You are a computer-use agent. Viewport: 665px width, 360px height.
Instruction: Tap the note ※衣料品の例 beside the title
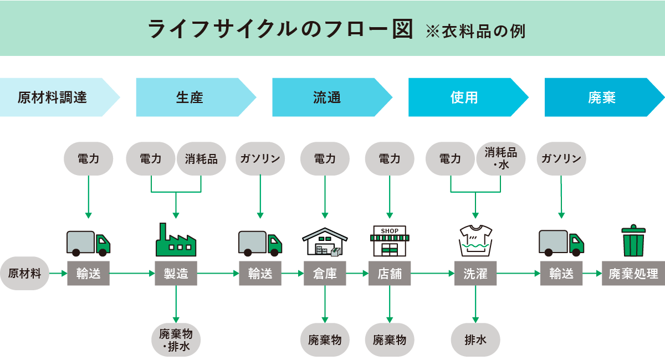(x=475, y=31)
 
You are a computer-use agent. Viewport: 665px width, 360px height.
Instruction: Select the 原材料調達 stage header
(x=53, y=97)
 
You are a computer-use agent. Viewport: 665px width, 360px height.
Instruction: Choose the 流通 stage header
(x=327, y=97)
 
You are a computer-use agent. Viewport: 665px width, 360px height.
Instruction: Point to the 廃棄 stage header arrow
(x=602, y=97)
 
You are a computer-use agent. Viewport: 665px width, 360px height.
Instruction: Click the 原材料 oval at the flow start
(x=24, y=273)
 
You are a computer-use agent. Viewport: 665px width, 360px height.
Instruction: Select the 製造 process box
(x=176, y=273)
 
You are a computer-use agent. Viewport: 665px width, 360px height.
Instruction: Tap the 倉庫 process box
(x=325, y=273)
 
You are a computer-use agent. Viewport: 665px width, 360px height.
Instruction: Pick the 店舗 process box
(x=390, y=273)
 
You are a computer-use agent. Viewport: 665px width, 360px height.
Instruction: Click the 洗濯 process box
(x=475, y=273)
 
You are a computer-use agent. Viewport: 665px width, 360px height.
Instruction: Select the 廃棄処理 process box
(x=633, y=273)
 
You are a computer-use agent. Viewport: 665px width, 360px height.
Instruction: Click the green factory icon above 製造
(x=176, y=241)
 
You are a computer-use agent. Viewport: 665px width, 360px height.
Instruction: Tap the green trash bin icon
(x=633, y=241)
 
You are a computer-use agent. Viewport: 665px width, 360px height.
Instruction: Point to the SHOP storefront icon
(x=390, y=241)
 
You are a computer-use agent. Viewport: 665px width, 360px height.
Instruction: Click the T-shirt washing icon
(x=475, y=241)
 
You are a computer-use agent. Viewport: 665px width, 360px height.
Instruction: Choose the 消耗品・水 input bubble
(x=500, y=158)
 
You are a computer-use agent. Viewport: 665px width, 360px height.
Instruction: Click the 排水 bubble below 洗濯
(x=475, y=340)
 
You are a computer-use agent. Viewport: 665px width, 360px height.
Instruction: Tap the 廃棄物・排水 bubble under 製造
(x=176, y=340)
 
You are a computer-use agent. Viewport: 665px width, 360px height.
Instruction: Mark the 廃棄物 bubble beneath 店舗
(x=390, y=340)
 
